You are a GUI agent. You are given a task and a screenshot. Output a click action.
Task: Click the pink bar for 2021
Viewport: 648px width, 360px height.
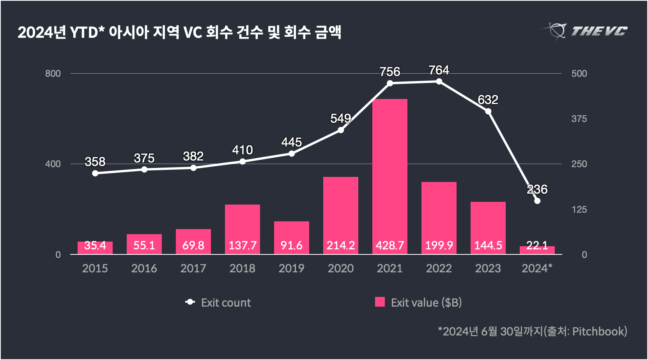(390, 175)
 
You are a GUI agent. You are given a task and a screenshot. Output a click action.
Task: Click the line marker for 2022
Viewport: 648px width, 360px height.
(439, 81)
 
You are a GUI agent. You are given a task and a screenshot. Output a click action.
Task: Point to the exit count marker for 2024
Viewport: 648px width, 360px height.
(537, 201)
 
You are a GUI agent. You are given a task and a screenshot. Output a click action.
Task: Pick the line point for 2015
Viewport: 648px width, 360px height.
(95, 173)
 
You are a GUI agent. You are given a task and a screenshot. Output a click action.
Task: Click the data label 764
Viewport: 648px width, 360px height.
(439, 70)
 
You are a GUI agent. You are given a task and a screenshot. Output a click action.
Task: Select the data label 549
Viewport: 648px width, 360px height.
(340, 118)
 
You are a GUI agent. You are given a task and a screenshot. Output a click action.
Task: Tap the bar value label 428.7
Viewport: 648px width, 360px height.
(390, 245)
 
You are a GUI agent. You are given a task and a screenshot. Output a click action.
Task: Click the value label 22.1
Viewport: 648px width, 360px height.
(537, 245)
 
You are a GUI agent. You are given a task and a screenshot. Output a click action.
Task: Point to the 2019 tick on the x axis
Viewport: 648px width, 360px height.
(292, 268)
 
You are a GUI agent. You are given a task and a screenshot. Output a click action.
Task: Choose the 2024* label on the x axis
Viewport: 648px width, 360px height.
(537, 268)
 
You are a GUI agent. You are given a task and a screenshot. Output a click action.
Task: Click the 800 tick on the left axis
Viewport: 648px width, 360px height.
(53, 74)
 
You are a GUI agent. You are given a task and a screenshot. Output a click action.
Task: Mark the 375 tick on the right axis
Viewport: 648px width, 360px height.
(579, 119)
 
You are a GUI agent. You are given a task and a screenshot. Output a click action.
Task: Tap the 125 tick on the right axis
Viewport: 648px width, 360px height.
(579, 210)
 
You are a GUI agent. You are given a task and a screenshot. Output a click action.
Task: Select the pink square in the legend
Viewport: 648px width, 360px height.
(380, 302)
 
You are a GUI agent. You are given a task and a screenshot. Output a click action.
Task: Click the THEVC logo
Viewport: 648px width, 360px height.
(585, 31)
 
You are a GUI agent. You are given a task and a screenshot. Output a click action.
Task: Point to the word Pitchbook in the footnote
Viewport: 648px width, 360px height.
(599, 332)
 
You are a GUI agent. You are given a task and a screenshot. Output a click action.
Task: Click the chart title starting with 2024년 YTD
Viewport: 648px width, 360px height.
(179, 32)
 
